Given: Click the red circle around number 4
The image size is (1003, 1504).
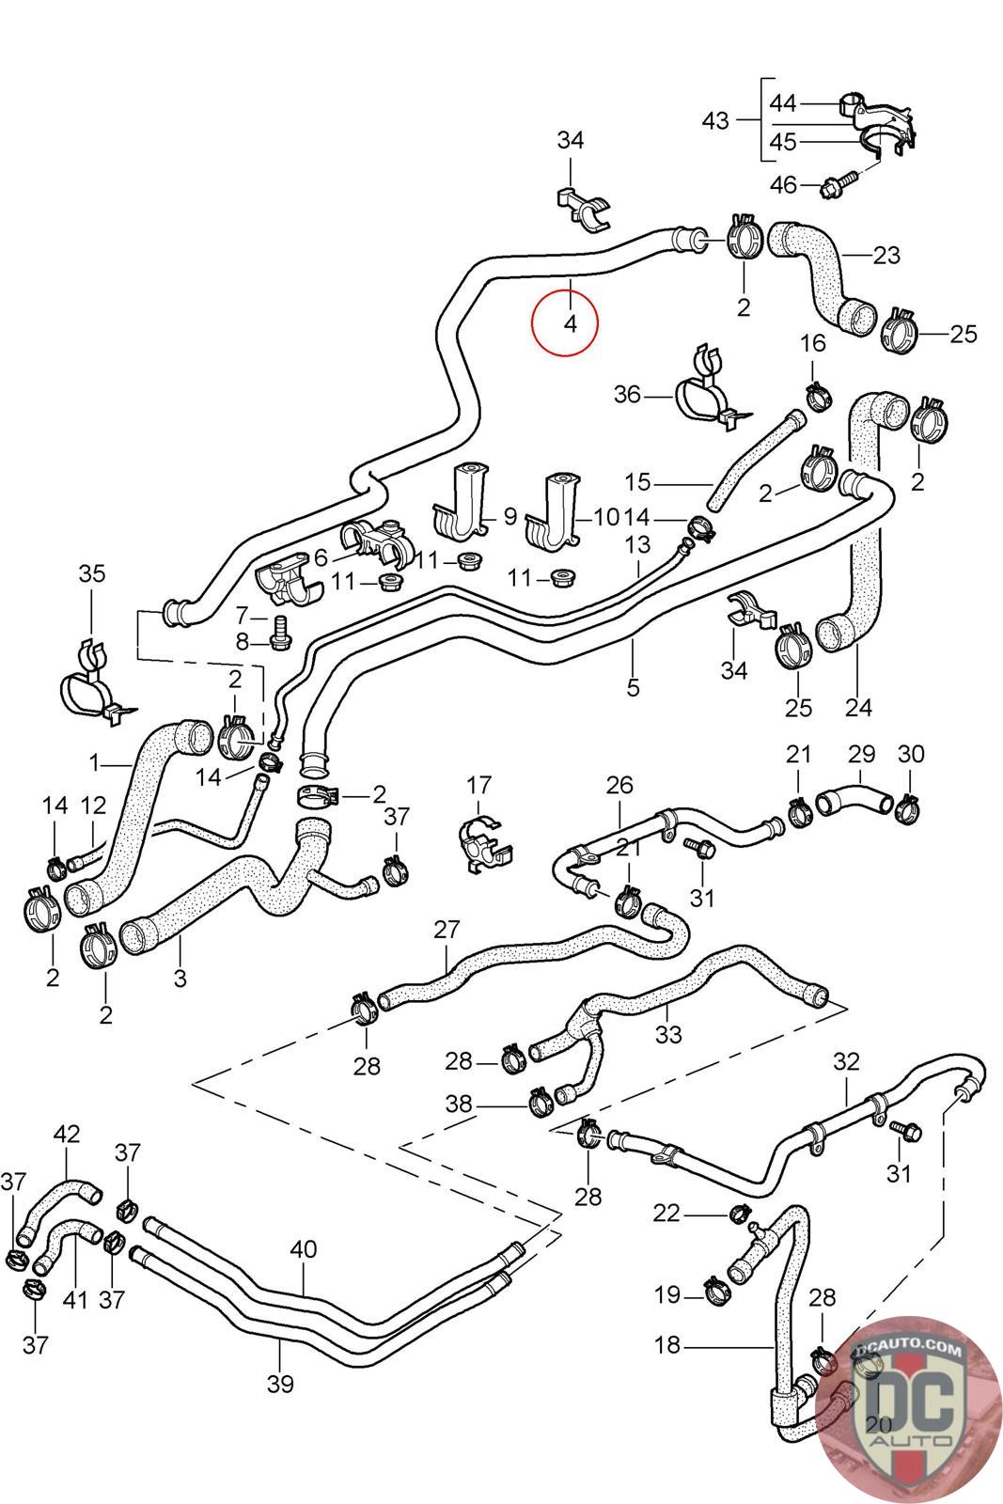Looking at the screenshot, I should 564,323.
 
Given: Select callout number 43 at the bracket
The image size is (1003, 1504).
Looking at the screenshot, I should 715,120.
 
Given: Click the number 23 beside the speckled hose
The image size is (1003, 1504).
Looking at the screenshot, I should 886,255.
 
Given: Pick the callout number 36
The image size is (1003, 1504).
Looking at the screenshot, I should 627,395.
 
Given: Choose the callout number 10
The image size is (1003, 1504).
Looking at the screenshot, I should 605,516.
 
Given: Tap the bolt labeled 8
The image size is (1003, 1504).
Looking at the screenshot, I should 279,639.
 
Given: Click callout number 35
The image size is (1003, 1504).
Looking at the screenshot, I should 92,573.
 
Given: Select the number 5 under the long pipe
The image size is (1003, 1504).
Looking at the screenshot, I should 633,687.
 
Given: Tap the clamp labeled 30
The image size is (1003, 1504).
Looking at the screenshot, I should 908,806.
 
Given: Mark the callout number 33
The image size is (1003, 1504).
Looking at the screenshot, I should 667,1034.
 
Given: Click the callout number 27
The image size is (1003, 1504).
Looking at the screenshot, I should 447,930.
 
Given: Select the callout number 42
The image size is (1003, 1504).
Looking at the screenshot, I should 67,1134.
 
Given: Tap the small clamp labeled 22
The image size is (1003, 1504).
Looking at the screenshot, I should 740,1213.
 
